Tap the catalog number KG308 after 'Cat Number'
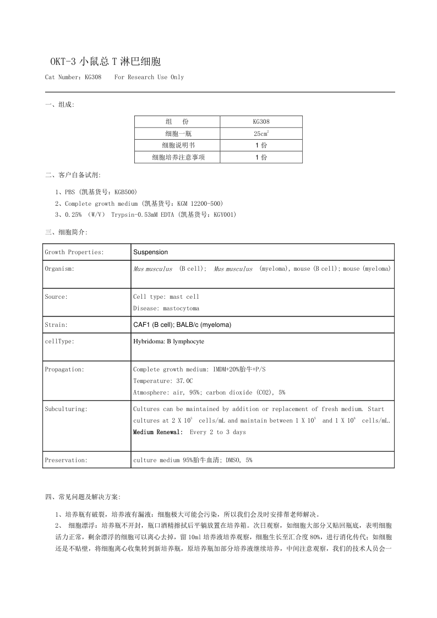coord(93,77)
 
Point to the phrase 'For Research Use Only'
coord(149,77)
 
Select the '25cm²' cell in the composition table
coord(261,134)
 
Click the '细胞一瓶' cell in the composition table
coord(177,134)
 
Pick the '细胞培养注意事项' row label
coord(177,157)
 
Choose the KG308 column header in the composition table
coord(261,122)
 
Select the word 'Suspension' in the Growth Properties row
coord(150,252)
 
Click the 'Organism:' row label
coord(59,269)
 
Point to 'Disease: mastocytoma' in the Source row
coord(166,308)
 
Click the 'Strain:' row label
coord(56,325)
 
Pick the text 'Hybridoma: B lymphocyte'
coord(168,342)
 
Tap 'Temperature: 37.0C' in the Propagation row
coord(163,381)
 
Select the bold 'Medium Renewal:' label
coord(158,432)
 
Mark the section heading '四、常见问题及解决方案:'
coord(79,497)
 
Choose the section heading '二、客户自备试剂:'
coord(73,176)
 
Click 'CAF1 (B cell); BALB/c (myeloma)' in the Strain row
coord(182,325)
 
